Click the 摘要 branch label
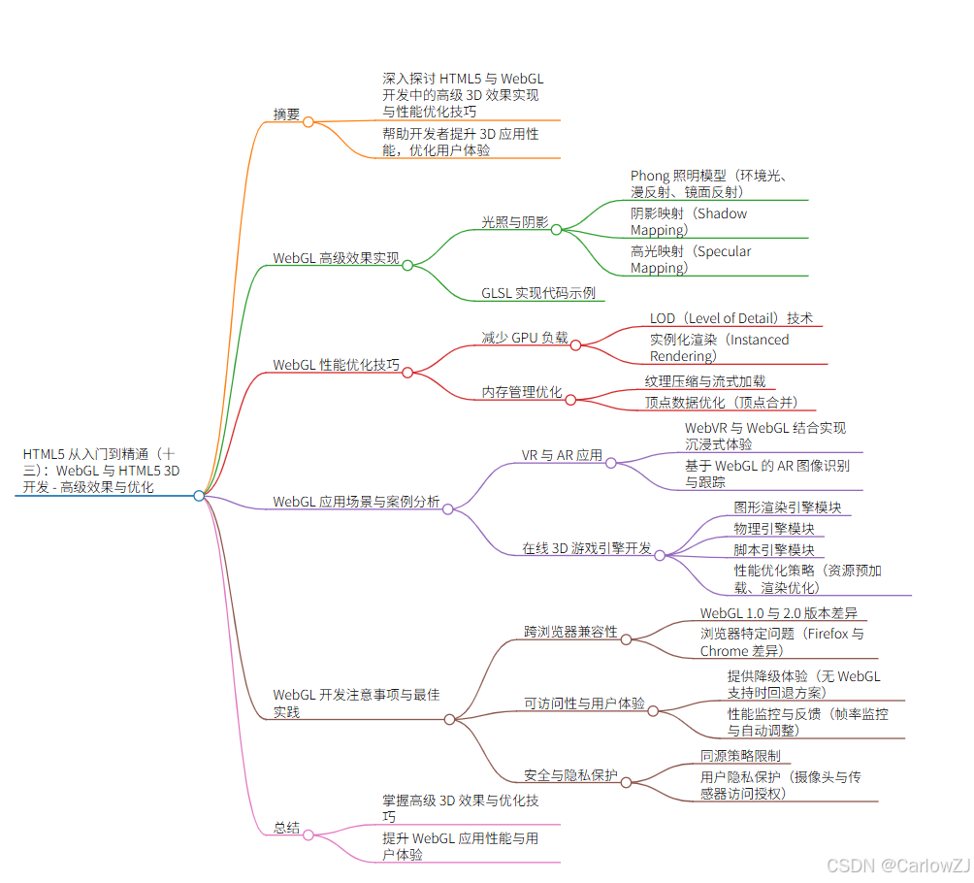click(x=286, y=114)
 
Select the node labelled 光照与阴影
click(x=515, y=222)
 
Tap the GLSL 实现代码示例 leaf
click(x=538, y=293)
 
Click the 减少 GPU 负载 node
click(x=525, y=338)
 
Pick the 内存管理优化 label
click(x=522, y=392)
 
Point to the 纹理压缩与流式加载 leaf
click(x=705, y=381)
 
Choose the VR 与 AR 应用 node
click(x=562, y=455)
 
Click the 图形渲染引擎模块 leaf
click(x=787, y=507)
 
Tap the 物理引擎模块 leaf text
click(x=774, y=529)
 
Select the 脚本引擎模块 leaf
click(x=774, y=550)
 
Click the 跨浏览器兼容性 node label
click(x=570, y=632)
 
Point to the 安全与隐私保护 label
click(x=570, y=774)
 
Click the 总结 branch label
click(x=286, y=829)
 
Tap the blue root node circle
click(x=199, y=495)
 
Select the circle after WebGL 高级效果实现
click(x=407, y=265)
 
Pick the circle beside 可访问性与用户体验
click(x=653, y=710)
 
